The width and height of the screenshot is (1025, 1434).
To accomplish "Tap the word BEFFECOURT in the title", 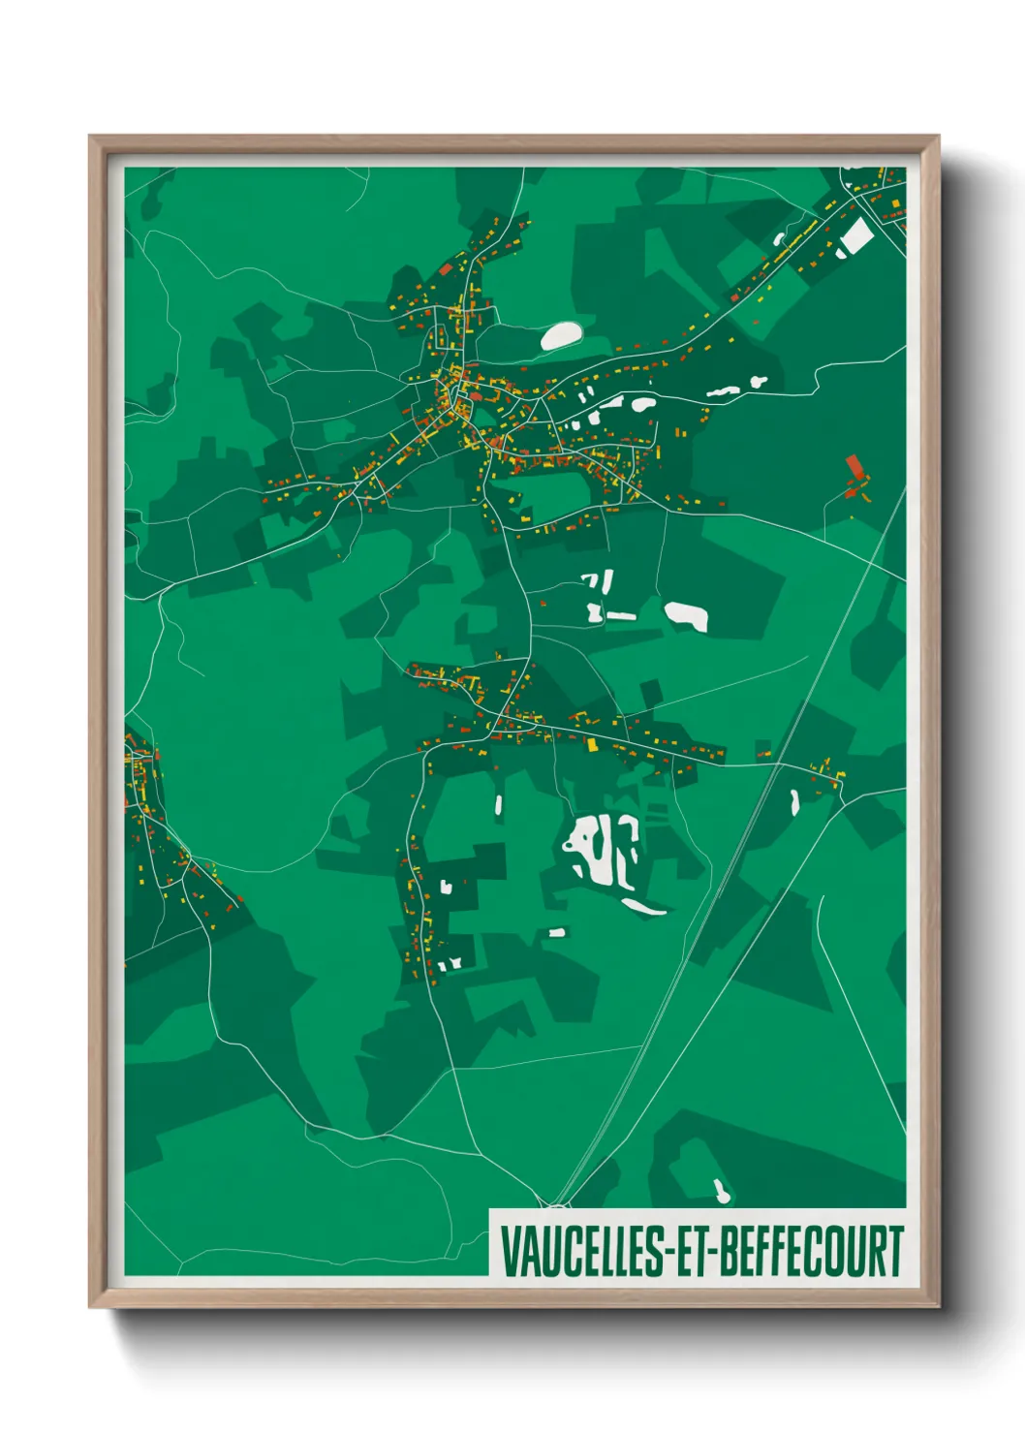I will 812,1251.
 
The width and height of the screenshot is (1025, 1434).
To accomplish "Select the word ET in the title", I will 692,1251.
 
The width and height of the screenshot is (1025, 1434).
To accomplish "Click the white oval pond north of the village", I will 560,335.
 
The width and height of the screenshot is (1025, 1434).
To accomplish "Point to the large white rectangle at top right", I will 855,236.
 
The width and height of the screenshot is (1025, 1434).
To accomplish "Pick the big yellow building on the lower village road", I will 592,744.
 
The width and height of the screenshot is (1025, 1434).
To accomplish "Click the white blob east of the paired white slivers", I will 687,615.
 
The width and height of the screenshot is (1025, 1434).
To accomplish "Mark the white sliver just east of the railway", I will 794,801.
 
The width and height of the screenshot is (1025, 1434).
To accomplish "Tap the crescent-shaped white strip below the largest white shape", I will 644,907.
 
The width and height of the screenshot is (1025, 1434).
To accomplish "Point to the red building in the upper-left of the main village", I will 447,268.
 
